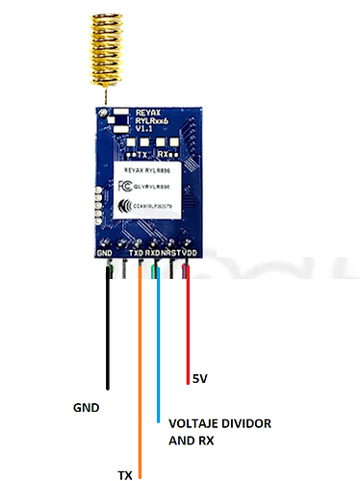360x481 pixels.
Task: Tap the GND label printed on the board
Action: click(x=106, y=253)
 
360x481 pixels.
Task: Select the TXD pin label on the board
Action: click(x=136, y=253)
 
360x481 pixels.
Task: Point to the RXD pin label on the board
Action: click(x=152, y=253)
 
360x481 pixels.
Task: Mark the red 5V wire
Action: click(x=188, y=327)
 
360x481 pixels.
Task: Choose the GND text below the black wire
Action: click(x=87, y=407)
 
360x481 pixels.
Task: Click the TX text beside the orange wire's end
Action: click(x=124, y=474)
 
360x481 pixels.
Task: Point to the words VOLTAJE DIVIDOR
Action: click(x=219, y=423)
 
